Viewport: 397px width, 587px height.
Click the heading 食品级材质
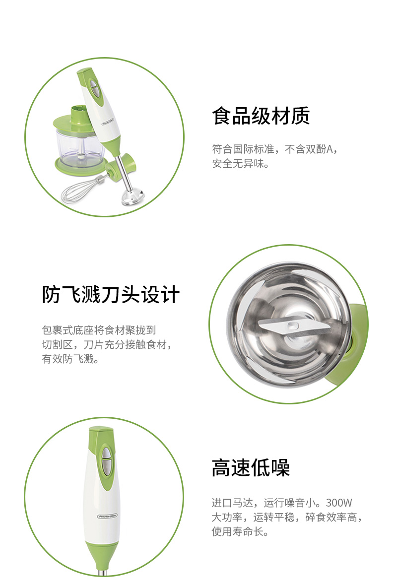point(261,115)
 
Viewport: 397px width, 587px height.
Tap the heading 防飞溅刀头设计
point(111,294)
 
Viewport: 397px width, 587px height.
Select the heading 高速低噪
point(251,467)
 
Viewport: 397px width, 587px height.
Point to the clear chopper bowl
point(78,148)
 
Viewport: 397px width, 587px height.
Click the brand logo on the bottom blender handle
point(108,516)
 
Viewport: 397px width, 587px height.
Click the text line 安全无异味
point(241,164)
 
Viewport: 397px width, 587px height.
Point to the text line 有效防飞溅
point(70,359)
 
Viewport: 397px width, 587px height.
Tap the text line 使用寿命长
point(240,531)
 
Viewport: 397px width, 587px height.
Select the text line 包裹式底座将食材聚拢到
point(99,330)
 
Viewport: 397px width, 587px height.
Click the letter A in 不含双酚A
point(330,149)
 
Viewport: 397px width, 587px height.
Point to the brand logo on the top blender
point(109,124)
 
